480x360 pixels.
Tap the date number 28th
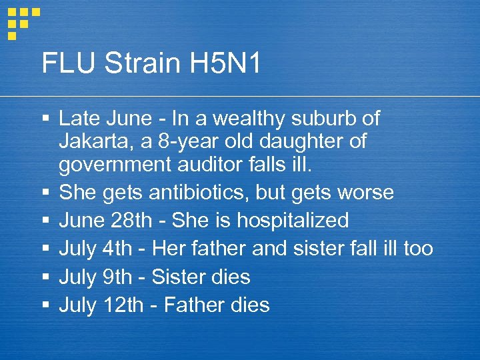pos(133,221)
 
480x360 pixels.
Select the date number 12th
pos(123,305)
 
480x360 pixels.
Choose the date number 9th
pos(118,277)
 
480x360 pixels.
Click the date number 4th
pos(118,249)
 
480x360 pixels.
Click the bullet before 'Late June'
pos(45,119)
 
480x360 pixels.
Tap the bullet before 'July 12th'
pos(45,305)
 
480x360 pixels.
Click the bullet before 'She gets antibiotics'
pos(45,193)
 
